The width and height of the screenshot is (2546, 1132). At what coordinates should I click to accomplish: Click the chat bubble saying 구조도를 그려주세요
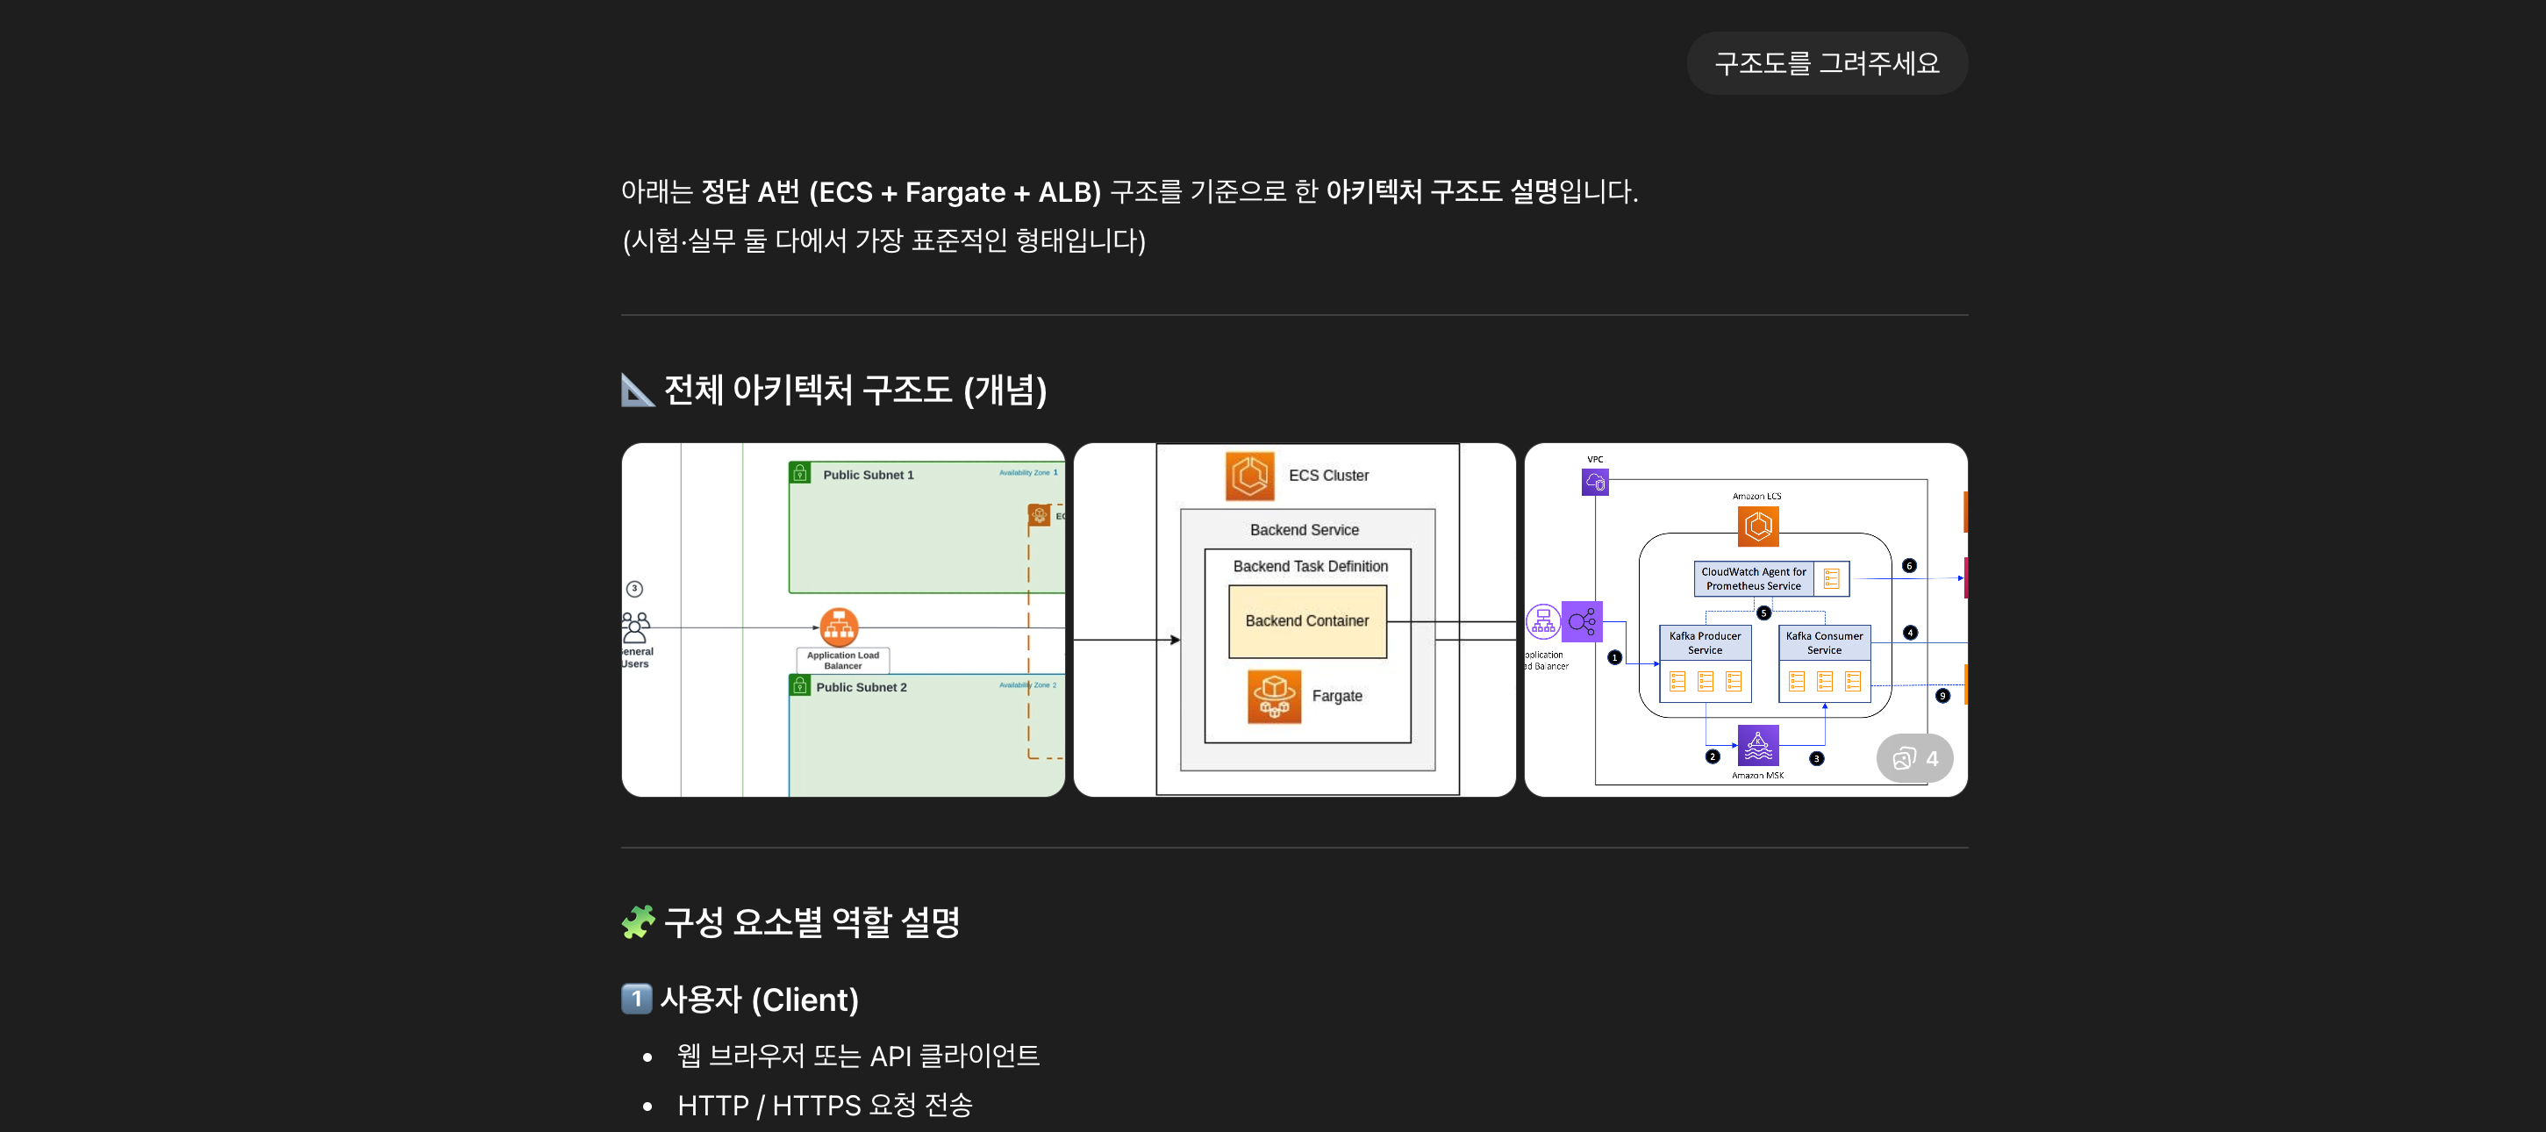pos(1827,63)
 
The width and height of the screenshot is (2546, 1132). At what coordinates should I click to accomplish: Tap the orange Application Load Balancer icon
pos(839,627)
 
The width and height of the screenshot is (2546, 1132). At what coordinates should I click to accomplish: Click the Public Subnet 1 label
pos(868,475)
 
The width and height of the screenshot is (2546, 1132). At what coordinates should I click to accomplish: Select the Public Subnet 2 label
pos(861,687)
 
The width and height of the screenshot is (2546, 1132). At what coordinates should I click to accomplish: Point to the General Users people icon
pos(635,627)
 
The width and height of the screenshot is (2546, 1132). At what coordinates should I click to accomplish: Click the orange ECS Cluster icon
pos(1249,476)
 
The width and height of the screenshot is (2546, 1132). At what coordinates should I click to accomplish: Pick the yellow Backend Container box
pos(1306,621)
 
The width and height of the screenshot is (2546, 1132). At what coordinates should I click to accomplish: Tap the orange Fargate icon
pos(1274,696)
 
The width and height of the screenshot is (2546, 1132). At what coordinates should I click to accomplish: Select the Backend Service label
pos(1304,530)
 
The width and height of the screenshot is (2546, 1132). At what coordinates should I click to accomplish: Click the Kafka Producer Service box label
pos(1704,642)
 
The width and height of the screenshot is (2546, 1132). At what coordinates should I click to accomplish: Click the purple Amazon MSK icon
pos(1757,744)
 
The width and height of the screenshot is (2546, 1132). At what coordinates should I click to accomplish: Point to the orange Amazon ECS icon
pos(1757,526)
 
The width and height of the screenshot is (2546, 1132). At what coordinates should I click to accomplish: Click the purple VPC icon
pos(1594,483)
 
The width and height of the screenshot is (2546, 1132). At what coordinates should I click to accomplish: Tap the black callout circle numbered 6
pos(1908,565)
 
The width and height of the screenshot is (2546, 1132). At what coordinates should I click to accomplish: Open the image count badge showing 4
pos(1913,758)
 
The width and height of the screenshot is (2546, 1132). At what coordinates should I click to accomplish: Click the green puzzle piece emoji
pos(638,921)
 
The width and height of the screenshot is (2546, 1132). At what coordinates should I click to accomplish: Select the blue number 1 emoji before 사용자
pos(635,999)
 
